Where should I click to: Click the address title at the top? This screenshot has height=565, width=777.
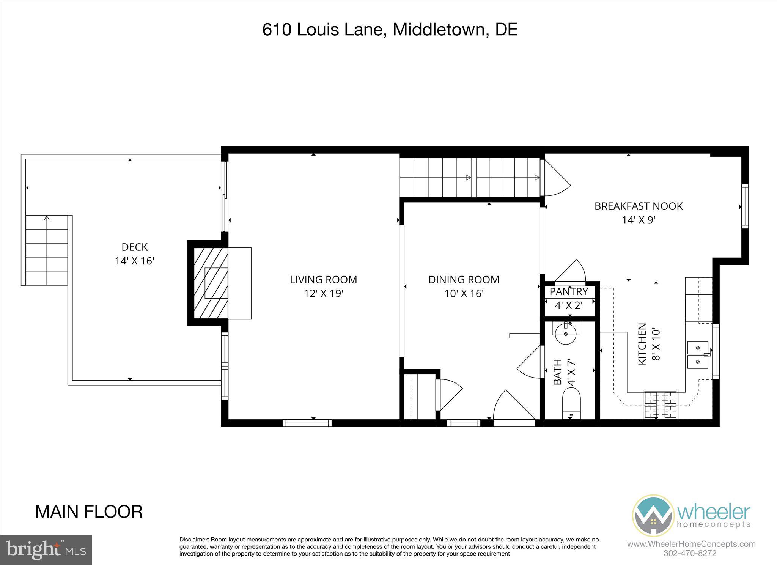[x=390, y=30]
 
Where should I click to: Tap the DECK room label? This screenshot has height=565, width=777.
[x=134, y=247]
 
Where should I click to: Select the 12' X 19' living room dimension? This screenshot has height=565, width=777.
[x=323, y=294]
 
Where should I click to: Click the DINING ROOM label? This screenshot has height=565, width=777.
[x=464, y=280]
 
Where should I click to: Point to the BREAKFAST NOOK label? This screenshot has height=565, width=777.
[x=638, y=206]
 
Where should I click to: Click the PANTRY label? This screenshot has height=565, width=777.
[x=568, y=291]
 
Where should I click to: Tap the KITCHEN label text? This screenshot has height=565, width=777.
[x=642, y=344]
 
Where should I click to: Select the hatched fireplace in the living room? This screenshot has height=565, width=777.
[x=211, y=283]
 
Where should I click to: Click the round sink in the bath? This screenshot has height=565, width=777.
[x=566, y=334]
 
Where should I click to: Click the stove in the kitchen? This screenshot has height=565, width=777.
[x=661, y=404]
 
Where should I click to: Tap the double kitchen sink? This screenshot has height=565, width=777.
[x=698, y=354]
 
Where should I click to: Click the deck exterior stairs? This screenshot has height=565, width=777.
[x=47, y=250]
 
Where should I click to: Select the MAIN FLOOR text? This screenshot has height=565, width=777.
[x=89, y=512]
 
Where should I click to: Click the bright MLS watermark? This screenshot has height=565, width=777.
[x=46, y=550]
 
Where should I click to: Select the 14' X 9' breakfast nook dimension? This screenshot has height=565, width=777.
[x=639, y=220]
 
